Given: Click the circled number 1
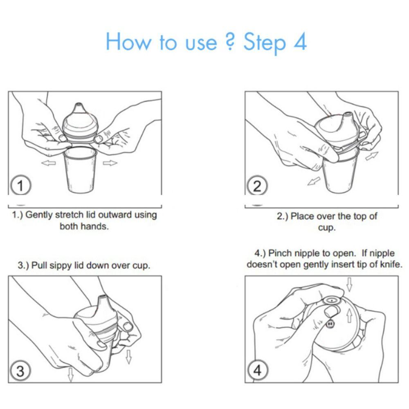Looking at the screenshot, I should (x=20, y=186).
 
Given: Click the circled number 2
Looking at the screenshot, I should (x=257, y=186).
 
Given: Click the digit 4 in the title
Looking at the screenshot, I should (x=299, y=42).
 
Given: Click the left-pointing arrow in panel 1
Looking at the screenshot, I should (x=49, y=163).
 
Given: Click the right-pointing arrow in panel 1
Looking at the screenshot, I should (x=110, y=163).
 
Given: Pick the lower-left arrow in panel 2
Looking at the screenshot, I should (x=314, y=180).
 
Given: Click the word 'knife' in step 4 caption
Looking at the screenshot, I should (x=391, y=265).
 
